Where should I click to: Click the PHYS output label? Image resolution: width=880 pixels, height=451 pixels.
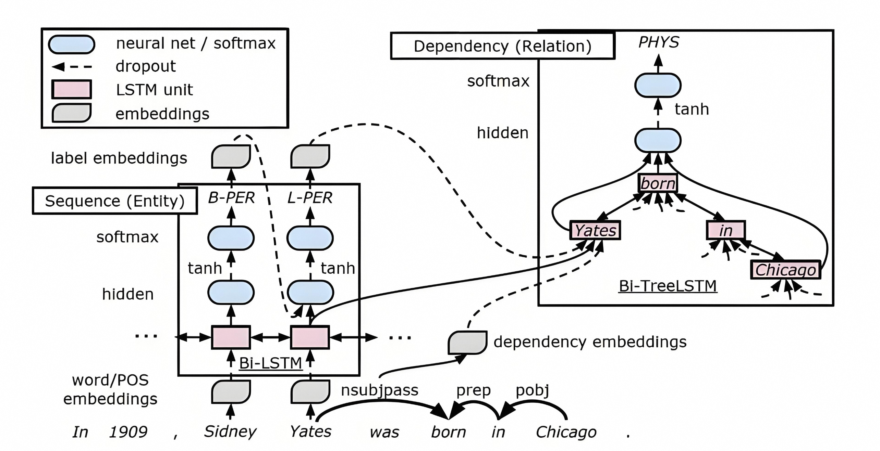click(x=659, y=42)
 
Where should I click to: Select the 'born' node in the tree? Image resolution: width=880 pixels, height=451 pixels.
click(x=658, y=183)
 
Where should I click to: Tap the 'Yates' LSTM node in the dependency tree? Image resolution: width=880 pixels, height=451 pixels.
click(x=595, y=230)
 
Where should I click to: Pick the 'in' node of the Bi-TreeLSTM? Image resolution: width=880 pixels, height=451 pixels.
click(x=725, y=230)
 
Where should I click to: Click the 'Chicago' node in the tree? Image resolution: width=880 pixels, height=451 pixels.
click(x=785, y=270)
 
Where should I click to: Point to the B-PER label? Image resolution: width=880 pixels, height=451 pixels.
click(x=231, y=198)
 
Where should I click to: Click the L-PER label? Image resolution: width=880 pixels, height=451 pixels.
click(x=310, y=198)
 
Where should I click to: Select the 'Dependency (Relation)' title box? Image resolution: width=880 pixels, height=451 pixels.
click(x=502, y=46)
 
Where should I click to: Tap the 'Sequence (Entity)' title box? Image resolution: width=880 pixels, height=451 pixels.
click(x=115, y=201)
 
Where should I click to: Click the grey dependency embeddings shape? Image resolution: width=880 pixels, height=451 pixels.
click(x=467, y=342)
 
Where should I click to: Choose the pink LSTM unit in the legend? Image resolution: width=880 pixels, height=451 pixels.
click(x=72, y=89)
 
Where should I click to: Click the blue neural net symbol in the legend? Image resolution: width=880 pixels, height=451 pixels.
click(x=72, y=44)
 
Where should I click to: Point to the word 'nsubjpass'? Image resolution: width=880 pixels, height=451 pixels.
click(x=380, y=390)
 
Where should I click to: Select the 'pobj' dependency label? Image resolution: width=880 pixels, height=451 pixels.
click(x=533, y=390)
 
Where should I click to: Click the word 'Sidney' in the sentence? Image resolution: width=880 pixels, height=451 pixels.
click(x=230, y=431)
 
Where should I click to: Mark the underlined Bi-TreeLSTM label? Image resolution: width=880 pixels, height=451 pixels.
click(x=668, y=286)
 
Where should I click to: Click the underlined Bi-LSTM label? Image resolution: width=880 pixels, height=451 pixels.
click(x=270, y=363)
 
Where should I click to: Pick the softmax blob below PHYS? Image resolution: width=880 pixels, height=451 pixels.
click(x=658, y=86)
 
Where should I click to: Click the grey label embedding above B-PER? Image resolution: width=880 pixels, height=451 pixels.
click(x=231, y=156)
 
